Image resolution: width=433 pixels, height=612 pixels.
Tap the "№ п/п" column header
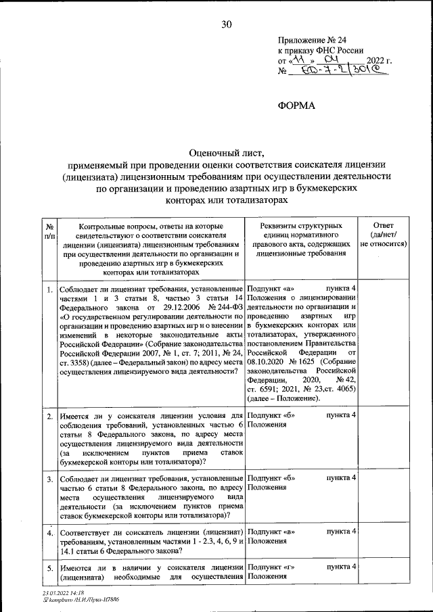[x=49, y=231]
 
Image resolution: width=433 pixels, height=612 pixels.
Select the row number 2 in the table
[x=49, y=415]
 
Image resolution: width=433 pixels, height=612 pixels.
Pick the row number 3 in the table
[x=49, y=479]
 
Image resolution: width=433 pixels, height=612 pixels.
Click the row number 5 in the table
[x=49, y=569]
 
